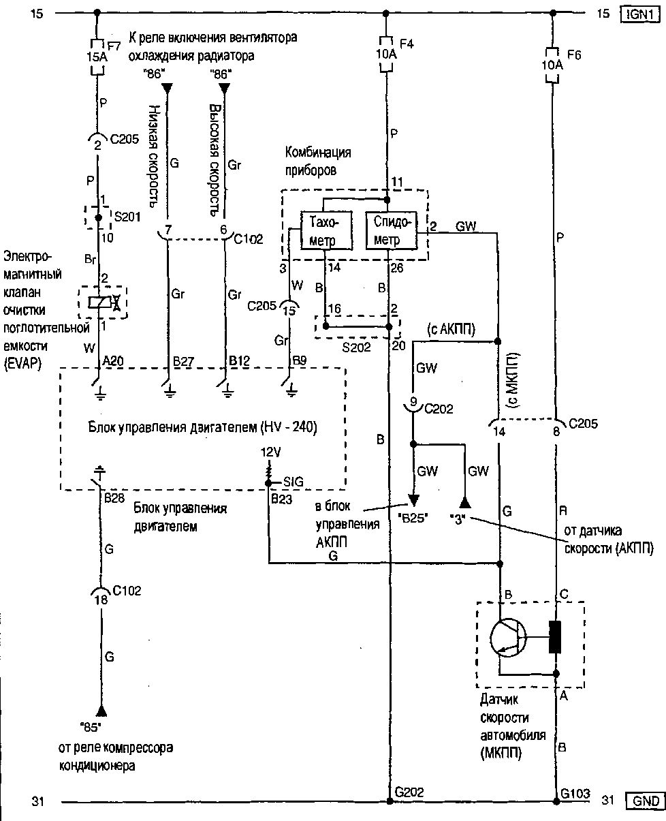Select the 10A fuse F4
point(387,54)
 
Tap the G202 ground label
point(409,792)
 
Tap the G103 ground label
point(575,792)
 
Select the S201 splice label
point(127,217)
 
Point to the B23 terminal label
point(281,499)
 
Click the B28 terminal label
point(113,499)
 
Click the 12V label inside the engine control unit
point(271,452)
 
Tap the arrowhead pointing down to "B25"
point(412,501)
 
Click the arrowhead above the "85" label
point(101,711)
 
